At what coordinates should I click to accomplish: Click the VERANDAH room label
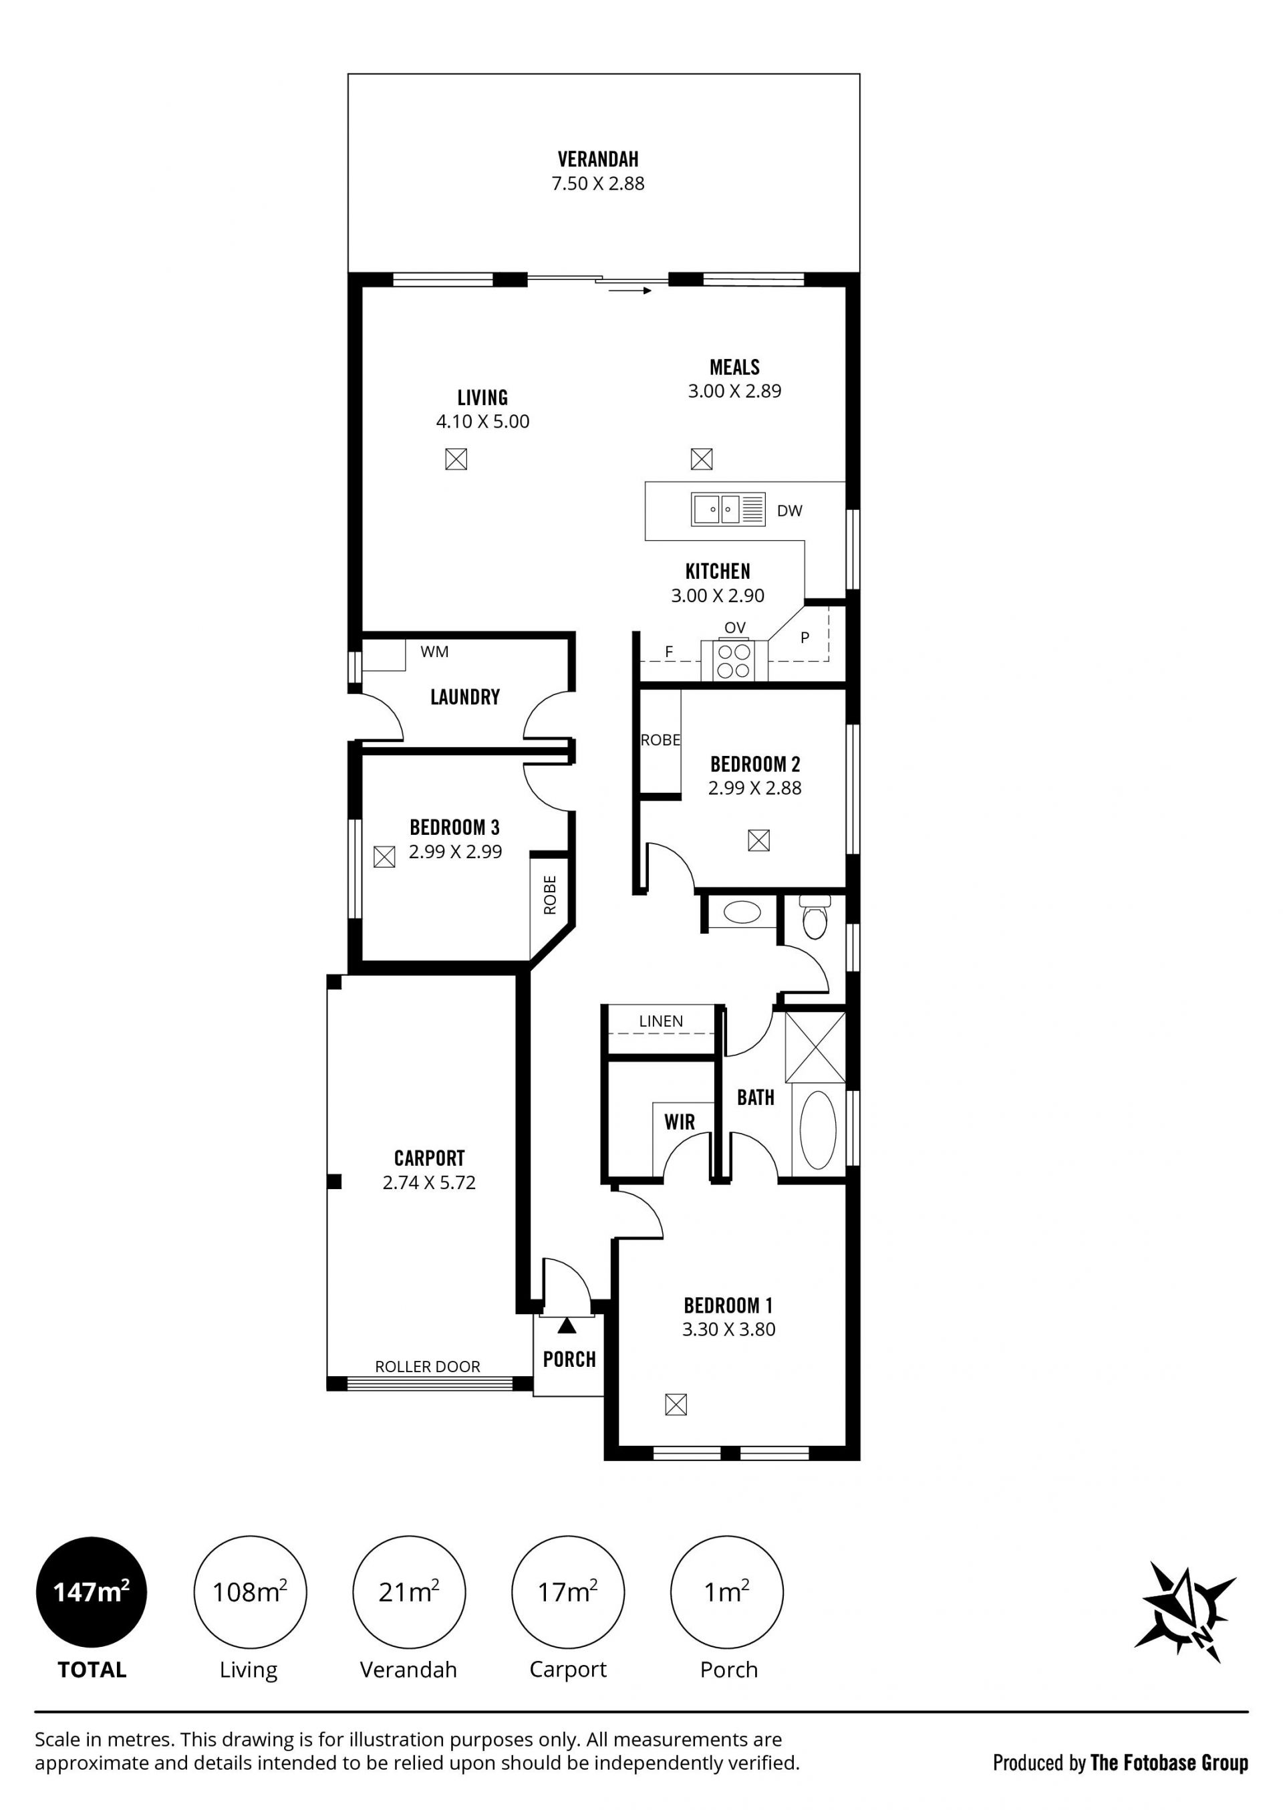[598, 160]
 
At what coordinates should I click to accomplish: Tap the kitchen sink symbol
[728, 509]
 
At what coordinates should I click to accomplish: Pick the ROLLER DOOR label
[428, 1366]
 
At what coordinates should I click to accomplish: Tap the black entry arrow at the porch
[567, 1325]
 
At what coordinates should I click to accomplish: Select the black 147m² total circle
[92, 1592]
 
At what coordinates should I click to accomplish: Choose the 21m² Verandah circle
[409, 1592]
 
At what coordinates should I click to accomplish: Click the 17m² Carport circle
[568, 1592]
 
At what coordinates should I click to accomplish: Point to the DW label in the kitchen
[789, 511]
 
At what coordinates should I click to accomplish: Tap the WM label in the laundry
[434, 652]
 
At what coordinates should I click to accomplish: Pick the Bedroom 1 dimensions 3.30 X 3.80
[728, 1329]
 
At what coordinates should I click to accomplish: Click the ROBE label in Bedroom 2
[660, 741]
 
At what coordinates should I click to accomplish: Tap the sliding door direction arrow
[629, 291]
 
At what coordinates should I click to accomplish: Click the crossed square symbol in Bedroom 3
[384, 856]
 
